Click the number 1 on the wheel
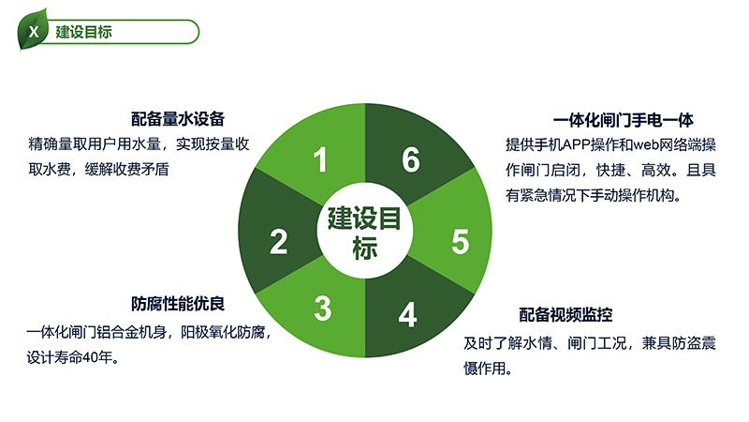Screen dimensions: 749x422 320,159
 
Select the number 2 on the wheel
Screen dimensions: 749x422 278,242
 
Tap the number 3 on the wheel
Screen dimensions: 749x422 323,309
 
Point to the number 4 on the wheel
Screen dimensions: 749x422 407,314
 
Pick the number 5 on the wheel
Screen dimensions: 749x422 461,241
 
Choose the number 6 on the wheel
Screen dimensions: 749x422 411,159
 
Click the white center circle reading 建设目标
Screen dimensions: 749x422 364,230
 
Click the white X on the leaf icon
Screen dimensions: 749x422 34,32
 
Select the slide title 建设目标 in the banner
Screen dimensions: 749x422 83,32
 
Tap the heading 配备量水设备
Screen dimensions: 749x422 178,119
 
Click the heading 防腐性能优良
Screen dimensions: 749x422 178,304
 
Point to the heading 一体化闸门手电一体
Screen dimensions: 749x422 623,120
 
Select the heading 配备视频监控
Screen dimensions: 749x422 565,315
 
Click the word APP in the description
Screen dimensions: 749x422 577,144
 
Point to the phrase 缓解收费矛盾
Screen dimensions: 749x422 126,170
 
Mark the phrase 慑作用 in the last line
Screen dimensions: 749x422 484,369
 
